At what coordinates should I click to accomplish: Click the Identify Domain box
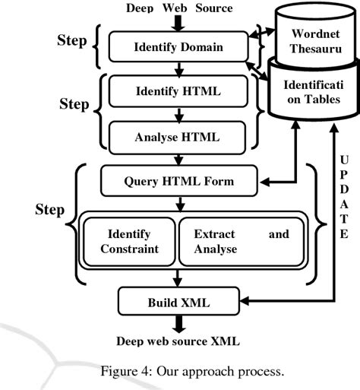pos(179,48)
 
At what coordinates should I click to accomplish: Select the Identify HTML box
pos(179,92)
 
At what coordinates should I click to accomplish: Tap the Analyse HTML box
pos(179,138)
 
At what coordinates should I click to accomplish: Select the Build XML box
pos(179,303)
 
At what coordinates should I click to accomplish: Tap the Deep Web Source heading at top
pos(179,8)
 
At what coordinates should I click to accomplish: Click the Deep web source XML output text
pos(179,341)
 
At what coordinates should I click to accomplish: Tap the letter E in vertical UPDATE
pos(343,233)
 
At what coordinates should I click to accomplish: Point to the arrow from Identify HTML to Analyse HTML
pos(179,115)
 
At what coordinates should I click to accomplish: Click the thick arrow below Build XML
pos(179,322)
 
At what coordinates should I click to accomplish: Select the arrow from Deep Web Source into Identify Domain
pos(179,25)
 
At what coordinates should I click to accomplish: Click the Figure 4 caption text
pos(179,372)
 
